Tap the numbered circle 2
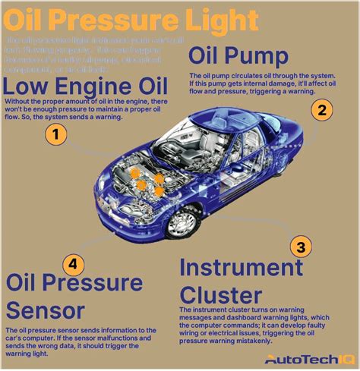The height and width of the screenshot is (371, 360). (x=322, y=109)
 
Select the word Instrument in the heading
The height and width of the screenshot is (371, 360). (x=242, y=268)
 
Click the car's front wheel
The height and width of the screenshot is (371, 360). (x=182, y=222)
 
